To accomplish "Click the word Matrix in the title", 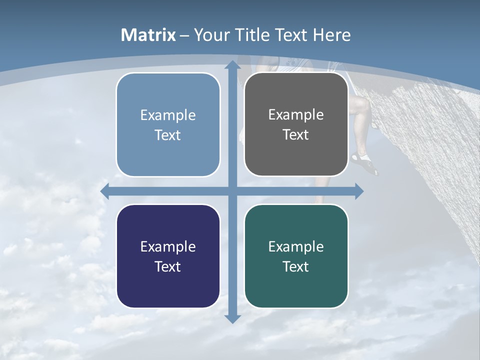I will click(148, 35).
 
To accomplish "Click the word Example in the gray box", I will click(296, 114).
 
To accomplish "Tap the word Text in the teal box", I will click(296, 266).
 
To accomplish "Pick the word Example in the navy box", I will click(168, 246).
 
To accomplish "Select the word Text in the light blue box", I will click(168, 135).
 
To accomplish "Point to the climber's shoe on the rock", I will click(364, 162).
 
